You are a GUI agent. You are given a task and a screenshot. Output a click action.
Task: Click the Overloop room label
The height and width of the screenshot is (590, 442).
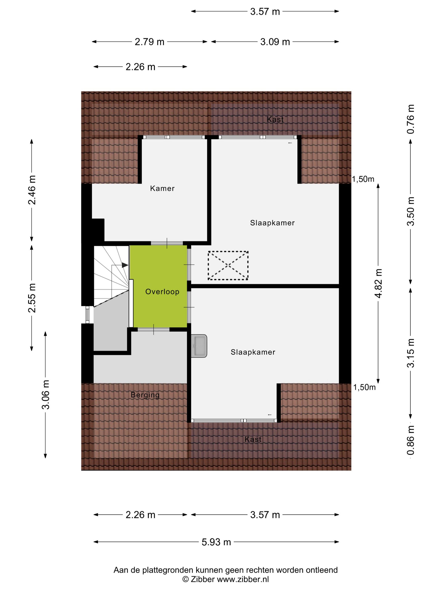click(162, 292)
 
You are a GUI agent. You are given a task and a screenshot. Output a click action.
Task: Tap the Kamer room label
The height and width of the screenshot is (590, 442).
click(162, 188)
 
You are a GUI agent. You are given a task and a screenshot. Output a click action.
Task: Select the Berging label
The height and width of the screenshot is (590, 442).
click(145, 395)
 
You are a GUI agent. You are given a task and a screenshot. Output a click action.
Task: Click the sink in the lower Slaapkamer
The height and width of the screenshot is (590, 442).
click(199, 346)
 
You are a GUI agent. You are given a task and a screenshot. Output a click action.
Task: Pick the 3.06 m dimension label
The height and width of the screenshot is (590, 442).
click(45, 395)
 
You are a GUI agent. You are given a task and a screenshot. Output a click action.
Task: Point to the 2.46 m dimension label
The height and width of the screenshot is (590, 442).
click(32, 190)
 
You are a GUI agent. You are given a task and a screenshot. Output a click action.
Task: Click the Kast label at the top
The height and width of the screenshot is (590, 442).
click(275, 119)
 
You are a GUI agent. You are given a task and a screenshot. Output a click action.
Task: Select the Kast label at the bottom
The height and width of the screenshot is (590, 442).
click(253, 439)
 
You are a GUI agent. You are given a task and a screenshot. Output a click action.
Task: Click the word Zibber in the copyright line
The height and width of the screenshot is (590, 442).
click(202, 579)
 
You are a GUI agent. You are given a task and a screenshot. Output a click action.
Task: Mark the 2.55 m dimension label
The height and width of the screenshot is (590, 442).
click(32, 298)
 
